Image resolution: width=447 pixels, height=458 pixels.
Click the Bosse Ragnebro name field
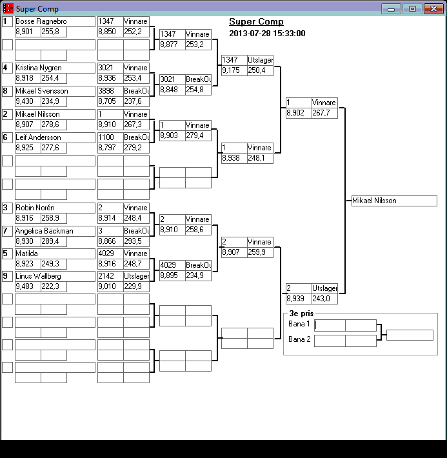55,21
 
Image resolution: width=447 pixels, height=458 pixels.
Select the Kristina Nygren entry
55,68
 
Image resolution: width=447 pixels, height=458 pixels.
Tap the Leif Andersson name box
55,137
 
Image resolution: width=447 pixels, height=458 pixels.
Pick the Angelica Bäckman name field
55,231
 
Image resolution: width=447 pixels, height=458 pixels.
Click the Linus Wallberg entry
55,276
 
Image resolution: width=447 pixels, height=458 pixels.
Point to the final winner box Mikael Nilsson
394,201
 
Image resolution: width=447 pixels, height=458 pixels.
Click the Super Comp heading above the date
256,22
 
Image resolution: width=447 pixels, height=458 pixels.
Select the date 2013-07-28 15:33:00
267,34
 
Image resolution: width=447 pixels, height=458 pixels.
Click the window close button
432,8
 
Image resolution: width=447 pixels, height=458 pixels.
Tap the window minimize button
391,8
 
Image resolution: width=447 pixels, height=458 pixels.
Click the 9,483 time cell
28,286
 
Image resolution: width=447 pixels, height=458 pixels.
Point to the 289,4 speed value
54,241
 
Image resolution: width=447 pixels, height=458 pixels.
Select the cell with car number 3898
110,91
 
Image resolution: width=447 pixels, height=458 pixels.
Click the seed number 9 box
7,276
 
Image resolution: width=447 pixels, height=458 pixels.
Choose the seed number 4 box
7,68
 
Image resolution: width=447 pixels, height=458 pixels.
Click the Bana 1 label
299,324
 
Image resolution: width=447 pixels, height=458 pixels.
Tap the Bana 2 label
299,339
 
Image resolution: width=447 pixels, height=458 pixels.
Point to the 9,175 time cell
234,70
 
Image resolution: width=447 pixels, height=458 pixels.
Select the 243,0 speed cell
324,299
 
